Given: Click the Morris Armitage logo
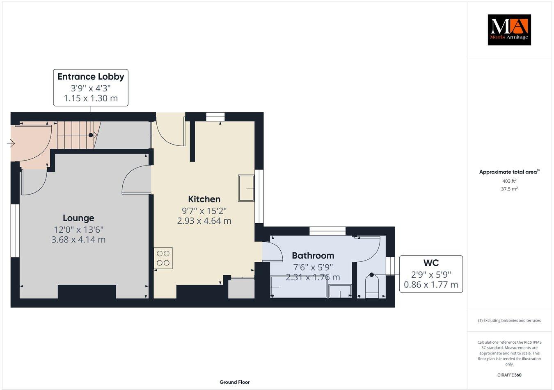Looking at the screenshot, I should coord(509,29).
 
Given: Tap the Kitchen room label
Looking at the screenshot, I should coord(204,200).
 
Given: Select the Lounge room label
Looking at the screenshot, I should coord(78,218).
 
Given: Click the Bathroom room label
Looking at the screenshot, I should coord(313,256).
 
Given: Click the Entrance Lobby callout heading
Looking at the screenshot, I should coord(91,77).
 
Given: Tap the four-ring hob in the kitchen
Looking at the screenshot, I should coord(163,258).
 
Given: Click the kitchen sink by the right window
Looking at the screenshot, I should coord(246,188).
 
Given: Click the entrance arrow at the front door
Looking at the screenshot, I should coord(11,143).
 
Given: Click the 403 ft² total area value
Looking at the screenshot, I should coord(509,181).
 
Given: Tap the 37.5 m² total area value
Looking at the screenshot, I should coord(510,189).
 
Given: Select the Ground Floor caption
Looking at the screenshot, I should coord(234,382).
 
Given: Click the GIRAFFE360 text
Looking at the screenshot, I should coord(509,375).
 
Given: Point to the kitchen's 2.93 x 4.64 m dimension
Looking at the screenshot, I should coord(204,221).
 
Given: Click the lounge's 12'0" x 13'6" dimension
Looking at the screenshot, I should coord(78,229).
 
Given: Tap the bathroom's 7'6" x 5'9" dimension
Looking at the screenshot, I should coord(313,267).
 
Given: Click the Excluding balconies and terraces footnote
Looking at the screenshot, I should coord(509,320).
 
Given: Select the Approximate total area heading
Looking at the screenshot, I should coord(509,172).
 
